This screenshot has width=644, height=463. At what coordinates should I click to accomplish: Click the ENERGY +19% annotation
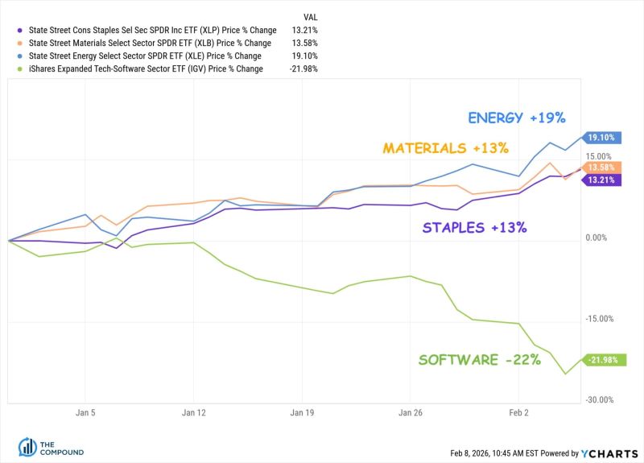(x=517, y=118)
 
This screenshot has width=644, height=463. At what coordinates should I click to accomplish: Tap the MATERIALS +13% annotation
(x=445, y=148)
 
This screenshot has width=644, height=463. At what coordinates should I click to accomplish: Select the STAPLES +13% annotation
(x=474, y=227)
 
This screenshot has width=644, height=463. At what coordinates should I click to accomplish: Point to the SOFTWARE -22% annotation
(x=479, y=360)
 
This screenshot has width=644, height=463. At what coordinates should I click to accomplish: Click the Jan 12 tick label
(x=194, y=411)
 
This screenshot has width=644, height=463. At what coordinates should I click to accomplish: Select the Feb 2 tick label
(x=518, y=411)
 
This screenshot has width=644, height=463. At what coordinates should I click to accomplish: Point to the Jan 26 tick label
(x=411, y=411)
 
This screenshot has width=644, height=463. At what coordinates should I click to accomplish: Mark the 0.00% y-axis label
(x=597, y=238)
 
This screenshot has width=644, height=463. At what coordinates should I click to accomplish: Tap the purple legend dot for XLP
(x=18, y=30)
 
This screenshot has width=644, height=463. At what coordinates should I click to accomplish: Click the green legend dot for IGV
(x=18, y=68)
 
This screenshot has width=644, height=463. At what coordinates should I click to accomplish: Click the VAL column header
(x=311, y=16)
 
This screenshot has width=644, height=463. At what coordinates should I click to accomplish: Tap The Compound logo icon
(x=26, y=448)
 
